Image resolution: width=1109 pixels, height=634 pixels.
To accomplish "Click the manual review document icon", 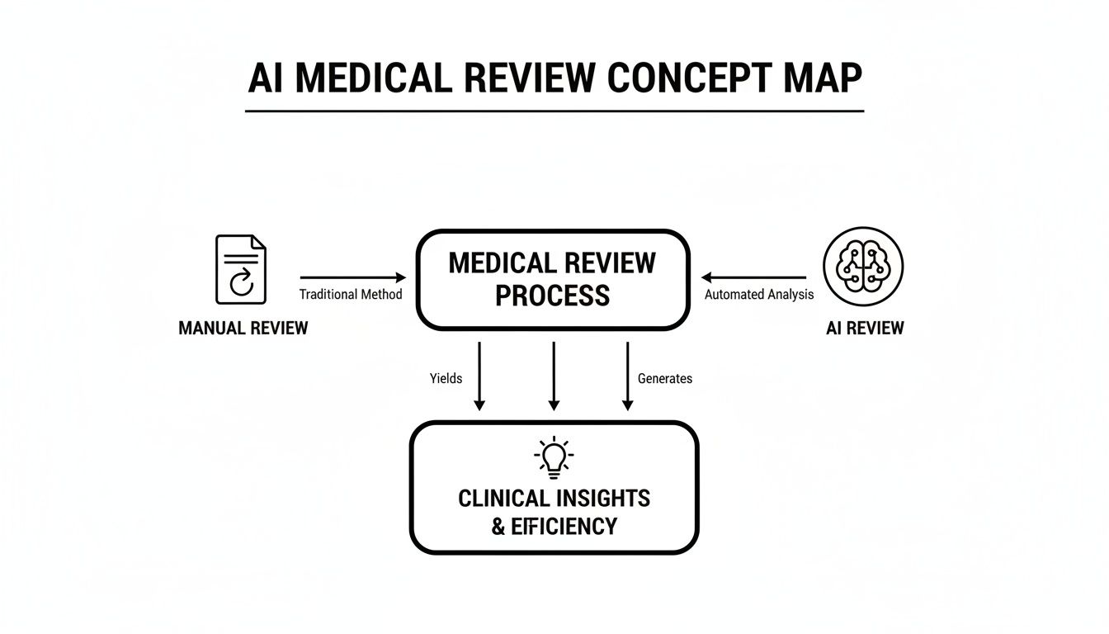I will click(241, 269).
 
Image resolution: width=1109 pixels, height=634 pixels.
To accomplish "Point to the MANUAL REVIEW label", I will click(243, 328).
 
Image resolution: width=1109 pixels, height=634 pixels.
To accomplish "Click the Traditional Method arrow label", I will click(351, 295).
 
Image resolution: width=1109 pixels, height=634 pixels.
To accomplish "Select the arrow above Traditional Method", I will click(353, 278).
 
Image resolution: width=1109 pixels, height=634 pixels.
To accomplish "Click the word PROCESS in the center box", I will click(552, 296).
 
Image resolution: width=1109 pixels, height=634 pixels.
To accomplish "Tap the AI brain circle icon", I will click(864, 267).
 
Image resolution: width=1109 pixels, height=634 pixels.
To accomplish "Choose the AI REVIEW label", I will click(865, 328).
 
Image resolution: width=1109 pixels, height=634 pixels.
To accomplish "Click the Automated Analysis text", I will click(759, 295).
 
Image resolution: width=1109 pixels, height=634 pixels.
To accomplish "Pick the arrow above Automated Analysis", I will click(753, 278).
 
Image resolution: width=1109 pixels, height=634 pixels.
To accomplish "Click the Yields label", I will click(446, 378).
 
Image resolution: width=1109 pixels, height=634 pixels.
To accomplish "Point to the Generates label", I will click(665, 378).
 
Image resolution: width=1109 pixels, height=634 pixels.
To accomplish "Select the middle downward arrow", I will click(554, 376).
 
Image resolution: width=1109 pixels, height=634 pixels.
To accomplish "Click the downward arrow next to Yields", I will click(479, 376).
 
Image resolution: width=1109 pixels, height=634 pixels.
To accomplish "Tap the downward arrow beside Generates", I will click(627, 376).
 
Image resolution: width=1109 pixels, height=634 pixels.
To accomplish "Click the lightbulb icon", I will click(554, 457).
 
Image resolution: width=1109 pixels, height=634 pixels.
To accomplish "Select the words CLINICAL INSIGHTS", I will click(554, 499).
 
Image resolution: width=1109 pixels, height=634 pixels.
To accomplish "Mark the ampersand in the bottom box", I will click(498, 527).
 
